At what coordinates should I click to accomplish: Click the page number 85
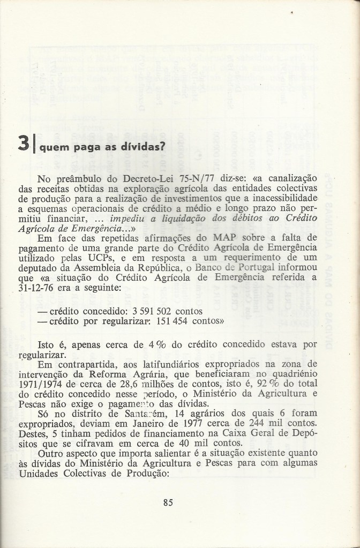167,502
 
